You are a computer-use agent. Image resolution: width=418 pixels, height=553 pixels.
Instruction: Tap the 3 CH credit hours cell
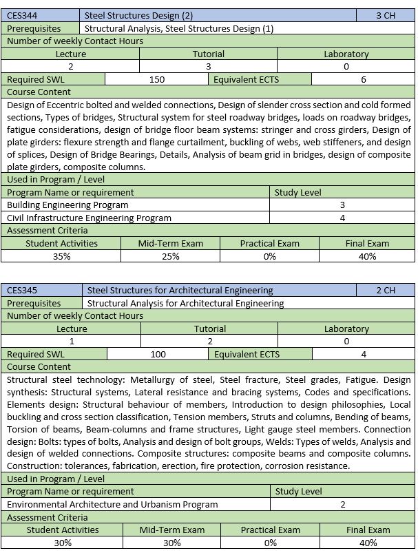[386, 16]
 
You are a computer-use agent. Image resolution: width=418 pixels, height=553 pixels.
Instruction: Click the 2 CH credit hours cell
[386, 291]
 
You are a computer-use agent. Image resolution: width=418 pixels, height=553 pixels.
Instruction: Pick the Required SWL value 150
[157, 79]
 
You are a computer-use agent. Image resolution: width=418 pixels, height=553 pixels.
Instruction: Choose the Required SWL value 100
[158, 354]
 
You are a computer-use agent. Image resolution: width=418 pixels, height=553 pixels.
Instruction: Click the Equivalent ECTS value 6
[364, 79]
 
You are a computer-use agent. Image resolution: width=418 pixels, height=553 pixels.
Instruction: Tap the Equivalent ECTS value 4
[364, 354]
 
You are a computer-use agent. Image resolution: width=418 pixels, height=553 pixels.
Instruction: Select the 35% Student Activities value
[62, 256]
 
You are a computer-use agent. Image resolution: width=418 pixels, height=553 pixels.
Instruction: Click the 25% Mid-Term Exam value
[170, 256]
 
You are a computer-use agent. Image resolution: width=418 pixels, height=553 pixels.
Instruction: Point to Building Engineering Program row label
[67, 205]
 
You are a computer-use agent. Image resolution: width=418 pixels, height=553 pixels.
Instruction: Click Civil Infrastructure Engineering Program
[89, 218]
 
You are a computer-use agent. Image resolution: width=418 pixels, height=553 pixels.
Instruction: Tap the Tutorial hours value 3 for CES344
[209, 67]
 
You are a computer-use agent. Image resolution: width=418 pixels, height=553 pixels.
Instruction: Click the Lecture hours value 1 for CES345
[72, 341]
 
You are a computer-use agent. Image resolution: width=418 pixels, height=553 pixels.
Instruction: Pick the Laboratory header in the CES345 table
[346, 328]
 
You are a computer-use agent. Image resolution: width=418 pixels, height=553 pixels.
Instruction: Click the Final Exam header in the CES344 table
[367, 243]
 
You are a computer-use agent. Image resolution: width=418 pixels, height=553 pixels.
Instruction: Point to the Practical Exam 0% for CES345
[270, 543]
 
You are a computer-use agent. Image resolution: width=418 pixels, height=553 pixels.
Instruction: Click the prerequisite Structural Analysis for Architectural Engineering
[186, 303]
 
